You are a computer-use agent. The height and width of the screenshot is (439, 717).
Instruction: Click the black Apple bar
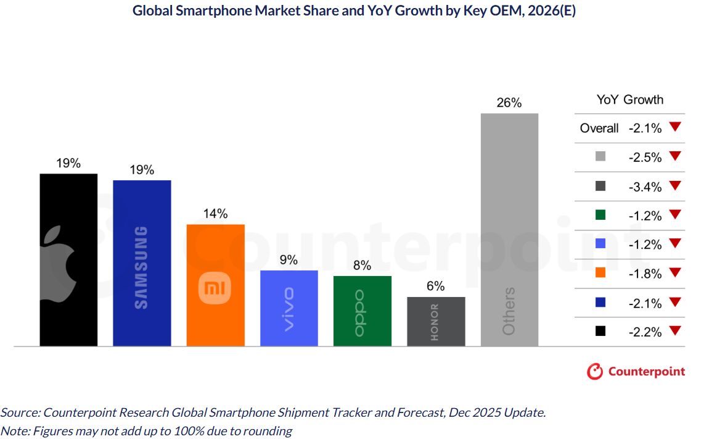[x=68, y=259]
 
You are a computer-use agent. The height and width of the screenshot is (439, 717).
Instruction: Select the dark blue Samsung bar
[x=142, y=262]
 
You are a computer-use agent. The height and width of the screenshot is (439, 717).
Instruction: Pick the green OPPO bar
[x=362, y=311]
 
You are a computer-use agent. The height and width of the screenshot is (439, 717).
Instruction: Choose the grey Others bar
[x=509, y=229]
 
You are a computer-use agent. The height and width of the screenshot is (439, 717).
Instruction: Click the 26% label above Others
[x=509, y=103]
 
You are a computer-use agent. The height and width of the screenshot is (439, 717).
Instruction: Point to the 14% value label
[x=215, y=214]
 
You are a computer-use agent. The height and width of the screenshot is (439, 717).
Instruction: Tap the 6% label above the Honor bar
[x=435, y=286]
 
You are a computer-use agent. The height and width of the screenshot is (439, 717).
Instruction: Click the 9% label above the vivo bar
[x=289, y=260]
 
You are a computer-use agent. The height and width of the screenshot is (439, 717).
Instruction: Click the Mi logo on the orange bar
[x=215, y=288]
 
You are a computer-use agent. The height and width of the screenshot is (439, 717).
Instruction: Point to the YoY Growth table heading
[x=629, y=99]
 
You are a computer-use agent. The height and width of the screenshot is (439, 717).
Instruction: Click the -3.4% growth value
[x=645, y=186]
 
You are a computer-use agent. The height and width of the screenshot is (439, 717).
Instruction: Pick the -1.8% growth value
[x=645, y=274]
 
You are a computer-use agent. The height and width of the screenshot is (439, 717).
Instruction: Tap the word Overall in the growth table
[x=599, y=128]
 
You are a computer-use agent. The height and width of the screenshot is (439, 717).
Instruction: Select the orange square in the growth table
[x=601, y=274]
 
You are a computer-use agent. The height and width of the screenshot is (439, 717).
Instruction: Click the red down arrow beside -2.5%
[x=674, y=156]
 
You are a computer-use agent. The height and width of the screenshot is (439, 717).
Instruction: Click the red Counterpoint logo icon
[x=594, y=371]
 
